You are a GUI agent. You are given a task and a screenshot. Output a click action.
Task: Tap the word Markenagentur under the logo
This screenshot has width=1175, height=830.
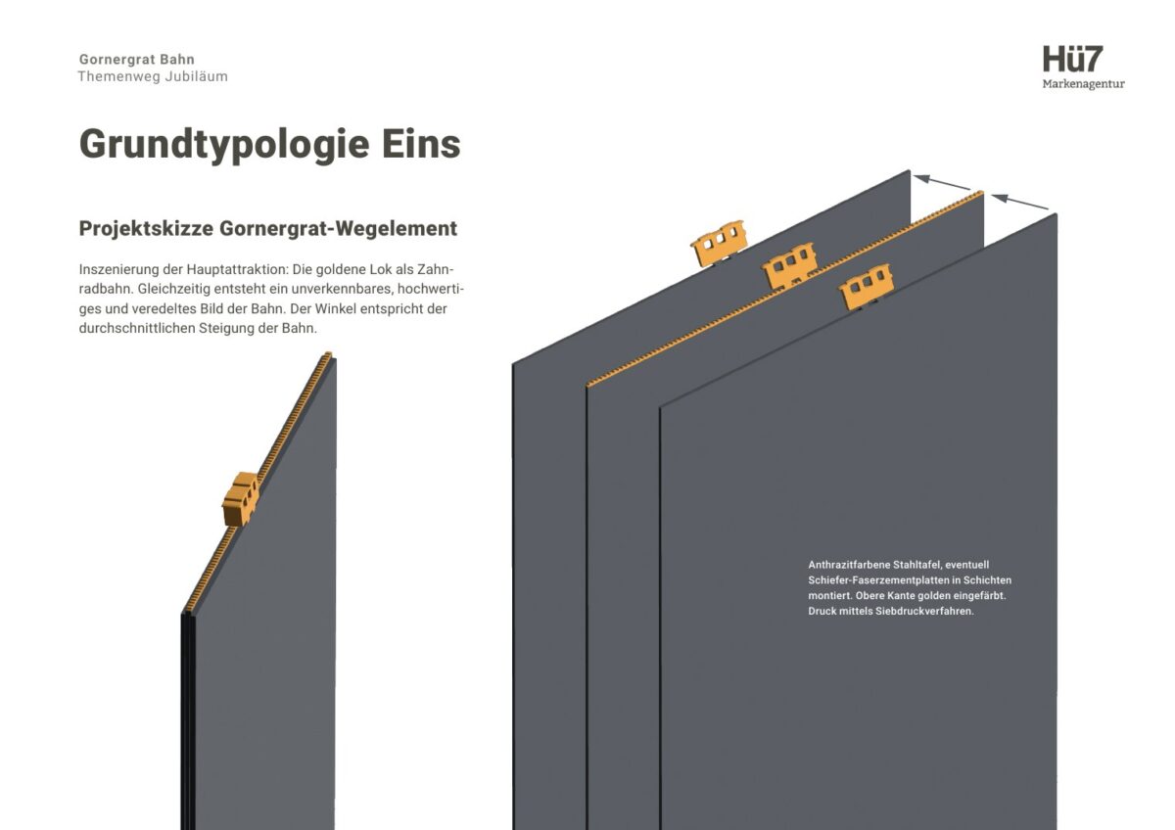[x=1083, y=84]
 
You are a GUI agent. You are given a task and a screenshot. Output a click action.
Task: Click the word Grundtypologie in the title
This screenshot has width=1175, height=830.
[x=224, y=145]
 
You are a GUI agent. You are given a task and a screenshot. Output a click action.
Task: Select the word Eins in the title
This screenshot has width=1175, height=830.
[x=421, y=144]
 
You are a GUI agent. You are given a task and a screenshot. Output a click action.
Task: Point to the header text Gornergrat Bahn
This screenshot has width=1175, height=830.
[x=137, y=60]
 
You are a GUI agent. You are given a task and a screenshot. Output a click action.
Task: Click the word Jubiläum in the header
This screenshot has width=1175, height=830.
[x=196, y=76]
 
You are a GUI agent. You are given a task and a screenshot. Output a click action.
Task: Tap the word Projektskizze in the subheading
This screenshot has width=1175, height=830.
[x=146, y=229]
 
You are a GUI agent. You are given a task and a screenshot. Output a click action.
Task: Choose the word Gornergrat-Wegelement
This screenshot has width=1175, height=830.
[x=339, y=229]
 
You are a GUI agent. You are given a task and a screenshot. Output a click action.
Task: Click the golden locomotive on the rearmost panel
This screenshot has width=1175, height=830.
[x=719, y=243]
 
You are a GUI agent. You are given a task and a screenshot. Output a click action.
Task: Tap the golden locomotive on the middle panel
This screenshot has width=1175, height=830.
[x=789, y=265]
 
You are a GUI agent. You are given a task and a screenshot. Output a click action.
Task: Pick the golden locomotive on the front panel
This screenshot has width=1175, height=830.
[x=866, y=286]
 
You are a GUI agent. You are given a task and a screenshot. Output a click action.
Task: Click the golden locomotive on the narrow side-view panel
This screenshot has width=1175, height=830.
[x=241, y=498]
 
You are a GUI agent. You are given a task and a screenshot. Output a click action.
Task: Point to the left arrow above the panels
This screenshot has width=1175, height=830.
[x=943, y=182]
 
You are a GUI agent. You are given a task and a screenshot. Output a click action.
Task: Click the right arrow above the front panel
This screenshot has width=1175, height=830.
[x=1019, y=202]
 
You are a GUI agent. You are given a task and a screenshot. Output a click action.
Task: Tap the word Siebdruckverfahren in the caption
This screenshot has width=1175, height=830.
[x=924, y=612]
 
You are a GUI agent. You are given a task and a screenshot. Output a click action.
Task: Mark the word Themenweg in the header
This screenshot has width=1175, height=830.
[x=119, y=76]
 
